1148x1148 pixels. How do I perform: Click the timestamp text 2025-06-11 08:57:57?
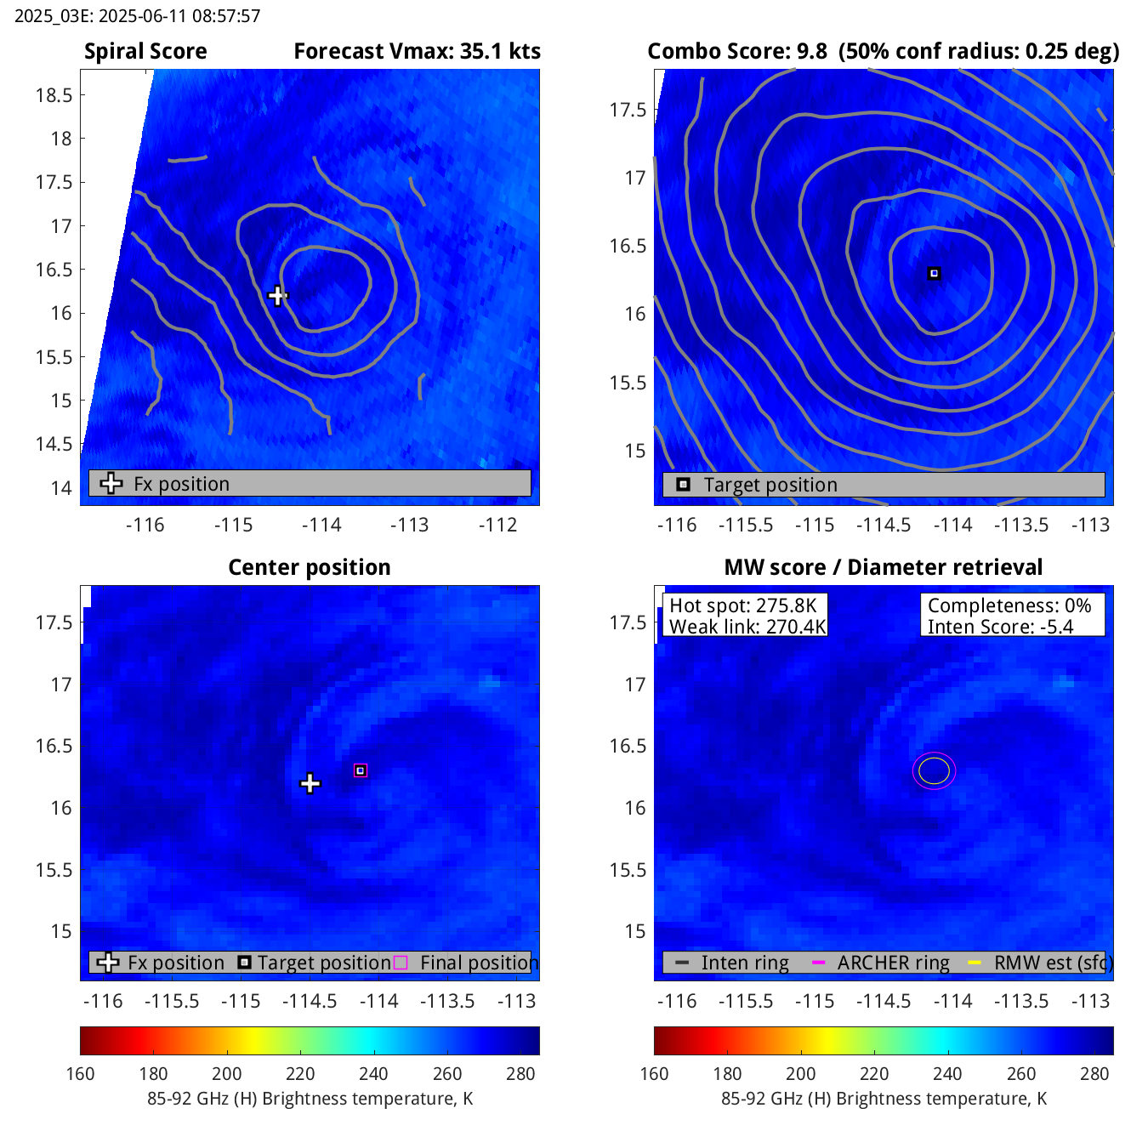click(179, 15)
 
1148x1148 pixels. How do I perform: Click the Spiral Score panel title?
click(145, 51)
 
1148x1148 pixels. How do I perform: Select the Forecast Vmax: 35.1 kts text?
click(417, 51)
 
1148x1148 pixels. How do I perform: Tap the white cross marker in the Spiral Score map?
click(277, 296)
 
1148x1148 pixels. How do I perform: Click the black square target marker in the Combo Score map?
click(934, 274)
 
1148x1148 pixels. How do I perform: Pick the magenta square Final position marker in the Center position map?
click(361, 770)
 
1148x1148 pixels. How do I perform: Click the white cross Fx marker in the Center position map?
click(310, 783)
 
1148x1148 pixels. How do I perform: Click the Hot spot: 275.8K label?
click(742, 605)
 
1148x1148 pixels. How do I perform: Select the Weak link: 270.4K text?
click(747, 627)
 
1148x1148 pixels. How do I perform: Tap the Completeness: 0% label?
click(1009, 605)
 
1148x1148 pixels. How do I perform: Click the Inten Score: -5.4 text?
click(1000, 627)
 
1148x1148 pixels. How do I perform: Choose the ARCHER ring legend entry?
click(892, 963)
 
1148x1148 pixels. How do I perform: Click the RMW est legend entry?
click(1051, 963)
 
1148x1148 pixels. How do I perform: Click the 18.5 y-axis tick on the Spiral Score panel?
click(54, 95)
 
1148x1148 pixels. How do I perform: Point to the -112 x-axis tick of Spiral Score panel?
click(497, 525)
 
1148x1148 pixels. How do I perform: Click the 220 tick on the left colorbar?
click(300, 1073)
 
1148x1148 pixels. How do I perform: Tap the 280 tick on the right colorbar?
click(1094, 1073)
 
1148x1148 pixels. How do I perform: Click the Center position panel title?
click(310, 567)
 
